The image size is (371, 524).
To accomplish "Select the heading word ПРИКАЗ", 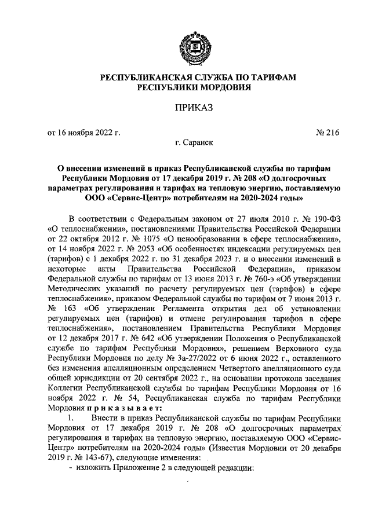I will [x=185, y=107].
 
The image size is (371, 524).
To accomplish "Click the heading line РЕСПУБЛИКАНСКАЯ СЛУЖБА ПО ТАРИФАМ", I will [x=185, y=77].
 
